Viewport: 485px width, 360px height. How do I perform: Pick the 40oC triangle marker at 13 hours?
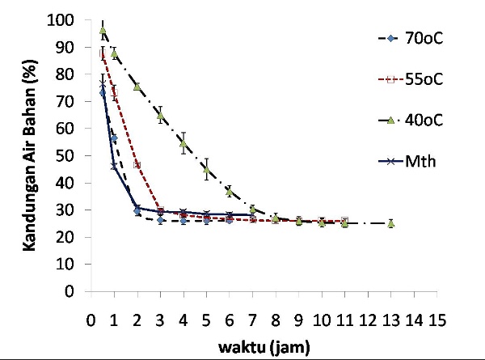[x=390, y=223]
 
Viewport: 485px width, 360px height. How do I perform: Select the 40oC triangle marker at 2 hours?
[x=137, y=87]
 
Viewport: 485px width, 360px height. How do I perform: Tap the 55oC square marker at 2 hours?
[x=137, y=164]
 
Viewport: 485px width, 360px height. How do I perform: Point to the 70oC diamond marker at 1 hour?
[x=114, y=138]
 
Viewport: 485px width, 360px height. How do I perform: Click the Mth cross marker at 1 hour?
[x=114, y=166]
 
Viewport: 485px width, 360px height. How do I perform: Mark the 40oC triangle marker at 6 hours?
[x=230, y=192]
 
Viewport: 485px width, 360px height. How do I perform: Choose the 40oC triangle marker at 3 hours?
[x=160, y=115]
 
